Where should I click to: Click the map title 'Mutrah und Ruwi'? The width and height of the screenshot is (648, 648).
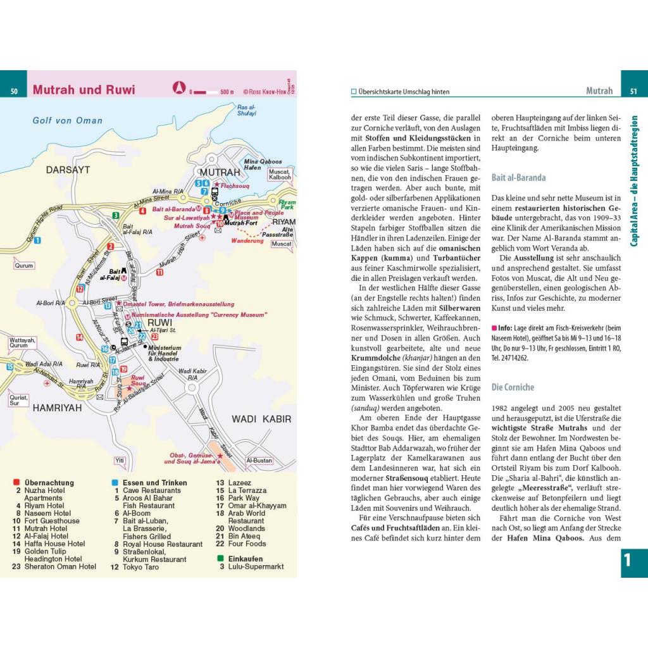point(84,89)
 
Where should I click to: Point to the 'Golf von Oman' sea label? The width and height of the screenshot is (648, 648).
point(68,121)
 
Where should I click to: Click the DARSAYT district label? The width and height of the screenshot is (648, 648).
point(68,170)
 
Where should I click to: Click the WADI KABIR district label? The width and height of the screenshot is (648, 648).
point(261,419)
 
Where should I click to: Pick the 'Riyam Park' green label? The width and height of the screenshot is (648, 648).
point(287,204)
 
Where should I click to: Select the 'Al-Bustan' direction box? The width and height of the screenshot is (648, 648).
point(259,460)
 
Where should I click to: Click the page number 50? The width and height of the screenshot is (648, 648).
point(14,92)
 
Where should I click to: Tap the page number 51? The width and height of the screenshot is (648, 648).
point(633,92)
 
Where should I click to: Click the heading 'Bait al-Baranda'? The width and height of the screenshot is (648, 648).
point(518,178)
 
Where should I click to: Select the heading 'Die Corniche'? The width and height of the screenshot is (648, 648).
point(513,387)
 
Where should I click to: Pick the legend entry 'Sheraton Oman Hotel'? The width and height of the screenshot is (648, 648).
point(60,566)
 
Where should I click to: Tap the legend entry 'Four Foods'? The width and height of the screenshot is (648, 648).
point(247,544)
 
